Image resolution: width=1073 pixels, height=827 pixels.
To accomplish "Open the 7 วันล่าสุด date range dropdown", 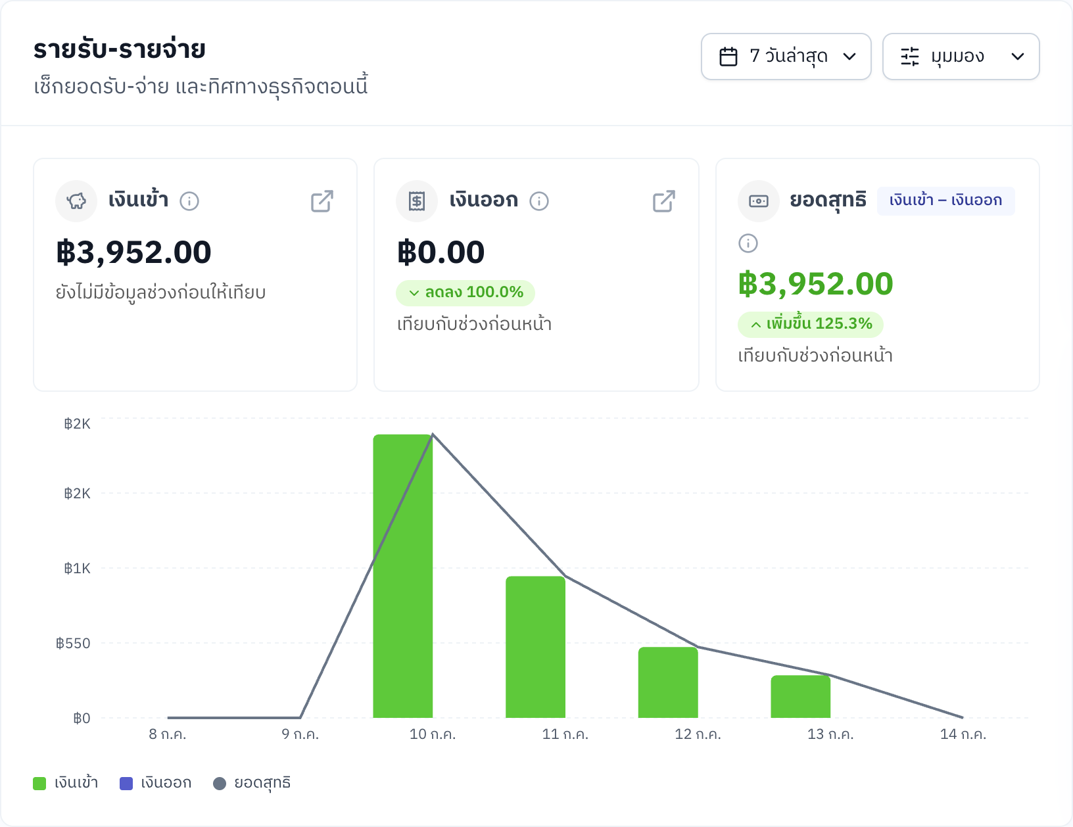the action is (x=786, y=57).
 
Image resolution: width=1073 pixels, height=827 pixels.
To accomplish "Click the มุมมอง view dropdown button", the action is (x=961, y=57).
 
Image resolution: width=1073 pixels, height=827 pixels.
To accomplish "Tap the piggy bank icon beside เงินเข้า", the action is (x=76, y=201).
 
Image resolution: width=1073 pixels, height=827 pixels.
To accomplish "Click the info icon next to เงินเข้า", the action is (x=189, y=201).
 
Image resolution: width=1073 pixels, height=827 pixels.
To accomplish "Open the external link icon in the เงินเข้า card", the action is (x=322, y=201).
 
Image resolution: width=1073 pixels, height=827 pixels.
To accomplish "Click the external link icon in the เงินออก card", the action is (x=663, y=201).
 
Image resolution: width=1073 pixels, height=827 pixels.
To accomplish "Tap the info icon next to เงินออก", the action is (x=538, y=201).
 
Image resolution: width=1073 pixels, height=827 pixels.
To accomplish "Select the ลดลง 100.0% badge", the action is (x=465, y=293).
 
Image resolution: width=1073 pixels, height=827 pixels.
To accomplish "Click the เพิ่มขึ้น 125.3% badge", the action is (x=810, y=324).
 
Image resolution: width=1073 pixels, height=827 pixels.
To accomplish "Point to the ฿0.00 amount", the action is (x=441, y=252).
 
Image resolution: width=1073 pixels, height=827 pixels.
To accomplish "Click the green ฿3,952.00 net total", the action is (x=815, y=284).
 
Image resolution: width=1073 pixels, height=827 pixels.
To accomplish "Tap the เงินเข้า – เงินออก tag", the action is (x=945, y=201).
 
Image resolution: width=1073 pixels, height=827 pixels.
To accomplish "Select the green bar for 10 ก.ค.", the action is (x=403, y=576).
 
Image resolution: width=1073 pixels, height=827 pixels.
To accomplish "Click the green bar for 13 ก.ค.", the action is (x=800, y=697).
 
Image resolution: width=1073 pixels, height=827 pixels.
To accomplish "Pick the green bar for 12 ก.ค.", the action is (x=668, y=682).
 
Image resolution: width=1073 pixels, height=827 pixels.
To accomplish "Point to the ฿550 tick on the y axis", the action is (x=73, y=644).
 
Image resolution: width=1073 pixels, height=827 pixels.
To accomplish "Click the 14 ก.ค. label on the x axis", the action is (x=963, y=734).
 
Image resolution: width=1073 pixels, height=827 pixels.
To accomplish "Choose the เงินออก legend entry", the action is (x=156, y=783).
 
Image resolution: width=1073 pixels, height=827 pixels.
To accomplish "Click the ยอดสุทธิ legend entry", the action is (x=252, y=783).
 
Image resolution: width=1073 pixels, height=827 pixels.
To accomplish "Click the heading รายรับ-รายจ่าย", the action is (x=120, y=50).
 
